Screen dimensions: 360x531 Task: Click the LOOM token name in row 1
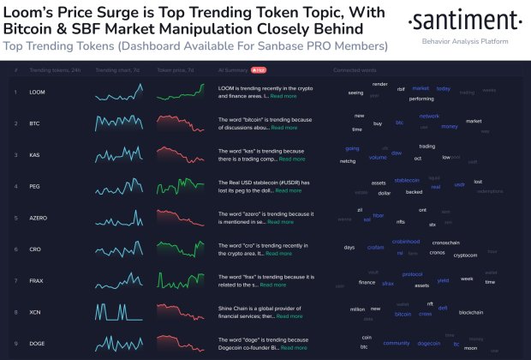(38, 91)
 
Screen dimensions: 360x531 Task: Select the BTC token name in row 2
(36, 123)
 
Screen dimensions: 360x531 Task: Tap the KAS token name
(36, 154)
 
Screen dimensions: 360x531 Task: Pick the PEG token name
(36, 186)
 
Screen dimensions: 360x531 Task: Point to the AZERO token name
(39, 218)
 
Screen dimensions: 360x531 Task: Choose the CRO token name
(36, 249)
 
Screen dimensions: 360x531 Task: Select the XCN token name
(36, 313)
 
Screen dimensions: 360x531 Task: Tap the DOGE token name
(38, 344)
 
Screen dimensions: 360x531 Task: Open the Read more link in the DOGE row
(294, 348)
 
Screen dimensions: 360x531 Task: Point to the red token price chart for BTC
(180, 123)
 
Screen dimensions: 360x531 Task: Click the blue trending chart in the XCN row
(119, 313)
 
